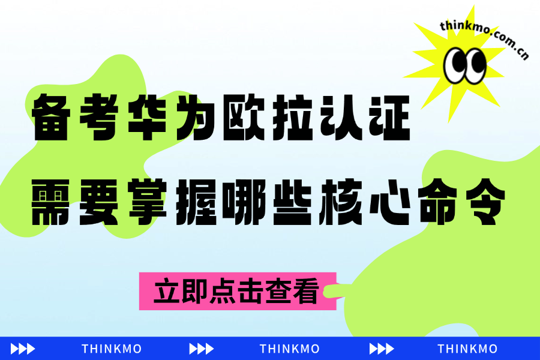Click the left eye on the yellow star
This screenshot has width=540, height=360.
tap(455, 65)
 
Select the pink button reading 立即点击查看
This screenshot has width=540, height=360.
tap(238, 291)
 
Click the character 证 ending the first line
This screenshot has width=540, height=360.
tap(389, 118)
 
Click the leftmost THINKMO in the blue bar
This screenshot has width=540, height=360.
tap(112, 349)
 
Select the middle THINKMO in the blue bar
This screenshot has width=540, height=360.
tap(290, 349)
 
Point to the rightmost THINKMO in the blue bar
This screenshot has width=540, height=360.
tap(467, 349)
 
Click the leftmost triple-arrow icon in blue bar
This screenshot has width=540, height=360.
tap(23, 349)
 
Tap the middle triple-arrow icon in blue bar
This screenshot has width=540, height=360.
tap(202, 349)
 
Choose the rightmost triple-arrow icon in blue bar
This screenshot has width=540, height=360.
tap(382, 349)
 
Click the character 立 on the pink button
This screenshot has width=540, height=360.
tap(167, 291)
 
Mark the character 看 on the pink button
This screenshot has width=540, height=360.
tap(304, 291)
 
